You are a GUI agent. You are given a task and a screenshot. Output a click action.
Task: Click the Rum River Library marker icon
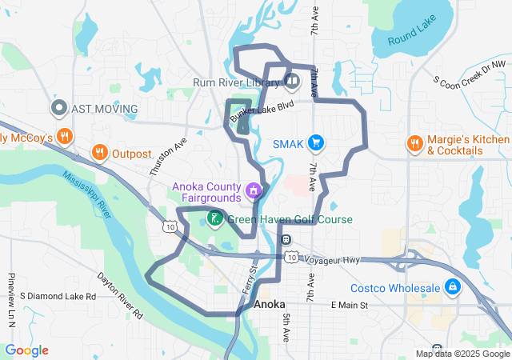(292, 80)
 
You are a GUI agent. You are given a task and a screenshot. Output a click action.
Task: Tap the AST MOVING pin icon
(58, 108)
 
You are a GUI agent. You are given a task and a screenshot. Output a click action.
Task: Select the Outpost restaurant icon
(99, 153)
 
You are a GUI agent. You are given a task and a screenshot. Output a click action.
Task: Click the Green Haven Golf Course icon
(215, 218)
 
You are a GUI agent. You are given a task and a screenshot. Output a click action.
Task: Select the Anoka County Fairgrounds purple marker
(254, 190)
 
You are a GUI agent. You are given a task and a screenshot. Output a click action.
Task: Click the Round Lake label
(413, 38)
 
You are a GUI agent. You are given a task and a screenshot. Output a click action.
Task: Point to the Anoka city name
(269, 306)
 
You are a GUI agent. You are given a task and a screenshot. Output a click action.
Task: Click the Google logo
(26, 350)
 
